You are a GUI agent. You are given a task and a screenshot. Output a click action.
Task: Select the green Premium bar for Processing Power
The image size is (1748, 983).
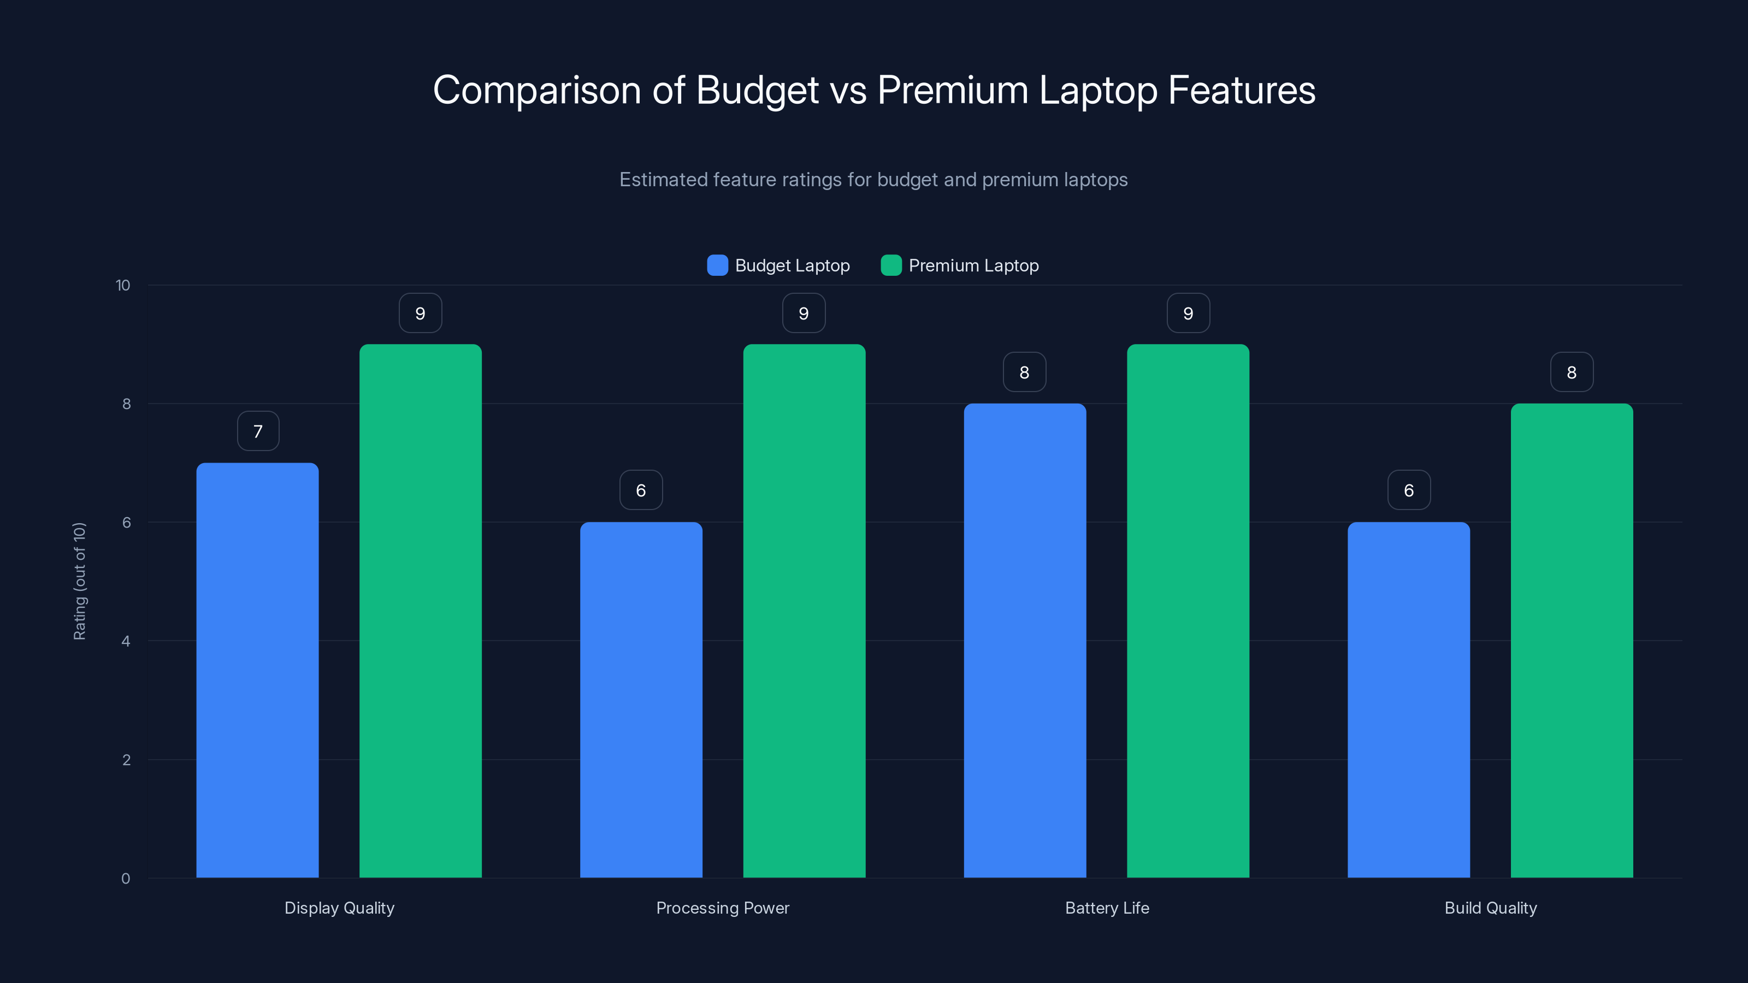tap(804, 611)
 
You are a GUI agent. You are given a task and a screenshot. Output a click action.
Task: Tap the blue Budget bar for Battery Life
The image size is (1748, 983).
tap(1025, 641)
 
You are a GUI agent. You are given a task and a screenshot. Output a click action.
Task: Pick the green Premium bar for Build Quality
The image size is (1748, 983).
tap(1572, 641)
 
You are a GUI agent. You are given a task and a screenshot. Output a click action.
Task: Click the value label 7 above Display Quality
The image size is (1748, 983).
tap(258, 431)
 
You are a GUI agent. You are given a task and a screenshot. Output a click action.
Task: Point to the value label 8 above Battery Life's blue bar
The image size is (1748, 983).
tap(1025, 372)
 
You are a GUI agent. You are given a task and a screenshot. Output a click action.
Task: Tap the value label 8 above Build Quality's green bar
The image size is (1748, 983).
tap(1572, 372)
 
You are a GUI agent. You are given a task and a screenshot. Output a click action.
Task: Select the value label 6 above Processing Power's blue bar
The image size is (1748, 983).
tap(641, 490)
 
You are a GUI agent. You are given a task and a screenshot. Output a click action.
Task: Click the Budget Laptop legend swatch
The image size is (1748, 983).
tap(717, 265)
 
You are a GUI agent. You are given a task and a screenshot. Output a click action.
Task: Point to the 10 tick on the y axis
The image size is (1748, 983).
tap(123, 286)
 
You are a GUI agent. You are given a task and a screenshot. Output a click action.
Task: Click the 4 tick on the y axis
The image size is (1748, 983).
tap(126, 641)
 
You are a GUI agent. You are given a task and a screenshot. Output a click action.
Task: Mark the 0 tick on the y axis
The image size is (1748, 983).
tap(126, 879)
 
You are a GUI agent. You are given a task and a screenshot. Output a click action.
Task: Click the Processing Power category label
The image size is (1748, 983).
tap(723, 908)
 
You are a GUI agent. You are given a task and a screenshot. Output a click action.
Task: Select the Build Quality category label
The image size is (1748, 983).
tap(1490, 908)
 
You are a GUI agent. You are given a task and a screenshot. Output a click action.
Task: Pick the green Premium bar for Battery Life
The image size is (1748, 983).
tap(1188, 611)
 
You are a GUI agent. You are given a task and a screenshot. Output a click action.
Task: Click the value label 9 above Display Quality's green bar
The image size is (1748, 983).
tap(420, 313)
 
